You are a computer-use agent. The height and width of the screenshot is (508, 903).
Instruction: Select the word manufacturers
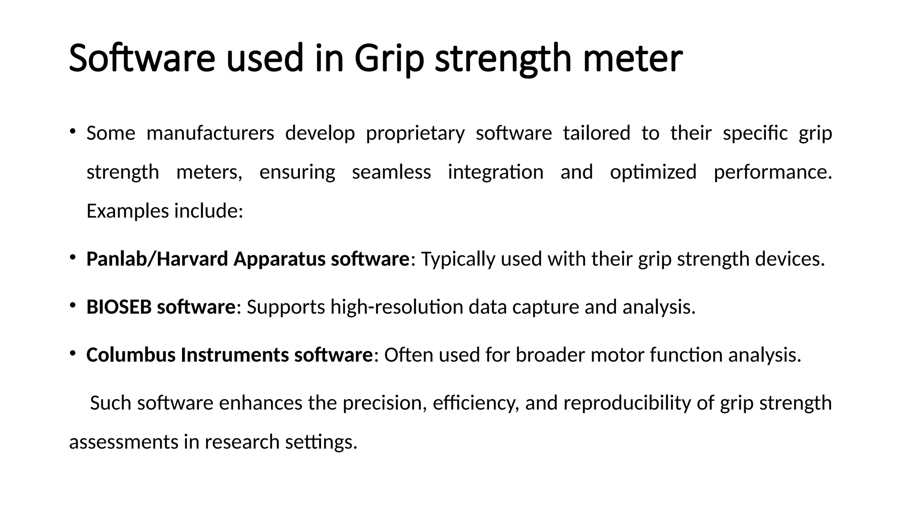point(210,133)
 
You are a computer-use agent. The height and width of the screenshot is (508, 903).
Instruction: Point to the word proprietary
point(415,133)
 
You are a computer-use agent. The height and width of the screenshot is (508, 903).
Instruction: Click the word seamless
point(391,172)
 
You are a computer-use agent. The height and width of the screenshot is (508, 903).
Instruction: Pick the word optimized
point(653,172)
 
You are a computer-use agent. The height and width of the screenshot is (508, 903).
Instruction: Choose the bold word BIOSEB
point(119,307)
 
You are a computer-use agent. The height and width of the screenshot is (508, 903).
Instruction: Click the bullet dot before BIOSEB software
point(73,305)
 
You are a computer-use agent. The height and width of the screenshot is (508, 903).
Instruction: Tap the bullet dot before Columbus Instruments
point(73,353)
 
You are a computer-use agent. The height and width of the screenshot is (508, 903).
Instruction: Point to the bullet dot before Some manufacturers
point(73,131)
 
